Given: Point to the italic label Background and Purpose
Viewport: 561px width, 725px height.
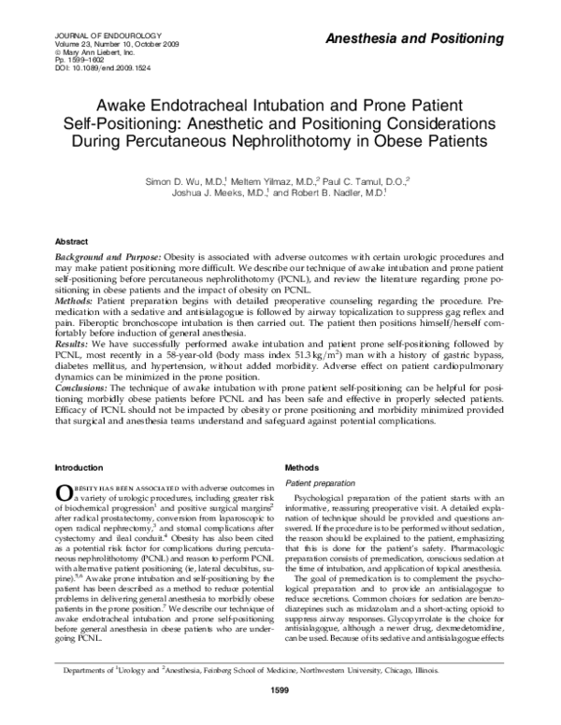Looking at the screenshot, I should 106,256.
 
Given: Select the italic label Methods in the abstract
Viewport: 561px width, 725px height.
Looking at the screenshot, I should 74,301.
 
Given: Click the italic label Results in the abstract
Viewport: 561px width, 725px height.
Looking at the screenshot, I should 71,345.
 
